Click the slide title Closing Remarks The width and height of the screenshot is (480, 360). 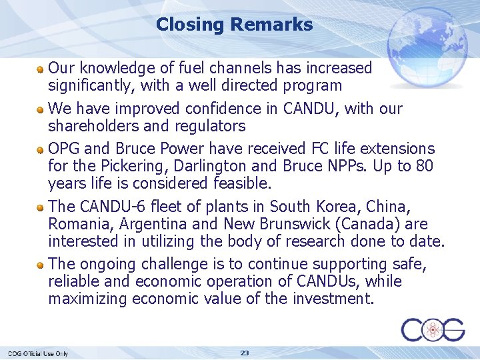[234, 25]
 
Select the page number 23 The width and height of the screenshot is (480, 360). [245, 353]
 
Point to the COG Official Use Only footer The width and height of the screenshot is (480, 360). [38, 353]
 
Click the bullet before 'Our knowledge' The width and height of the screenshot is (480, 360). [41, 68]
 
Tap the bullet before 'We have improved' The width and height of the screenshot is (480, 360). [41, 109]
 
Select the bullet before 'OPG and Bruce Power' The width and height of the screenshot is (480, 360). [41, 149]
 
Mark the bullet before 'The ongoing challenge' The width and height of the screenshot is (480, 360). [41, 264]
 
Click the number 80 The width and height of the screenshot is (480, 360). [423, 166]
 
